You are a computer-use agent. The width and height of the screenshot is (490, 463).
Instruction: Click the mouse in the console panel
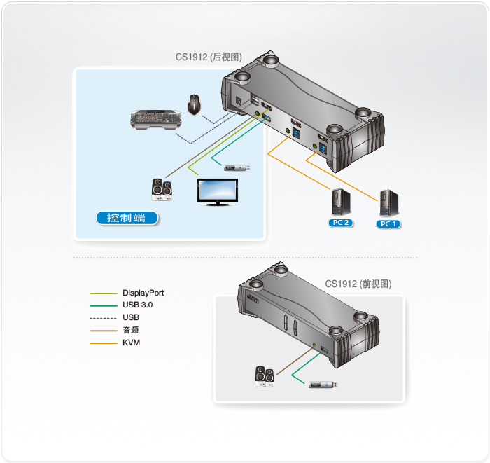coord(195,104)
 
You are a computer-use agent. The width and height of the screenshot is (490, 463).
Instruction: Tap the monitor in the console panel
coord(216,191)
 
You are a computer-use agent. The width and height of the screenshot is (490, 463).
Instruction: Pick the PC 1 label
coord(388,224)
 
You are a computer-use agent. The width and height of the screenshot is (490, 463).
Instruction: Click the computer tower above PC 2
coord(342,202)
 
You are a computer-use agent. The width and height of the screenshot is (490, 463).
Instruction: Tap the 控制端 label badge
coord(127,218)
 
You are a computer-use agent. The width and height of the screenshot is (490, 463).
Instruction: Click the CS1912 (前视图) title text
coord(358,284)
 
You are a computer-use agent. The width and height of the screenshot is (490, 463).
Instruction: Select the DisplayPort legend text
coord(143,293)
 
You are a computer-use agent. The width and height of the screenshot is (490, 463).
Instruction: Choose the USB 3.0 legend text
coord(137,305)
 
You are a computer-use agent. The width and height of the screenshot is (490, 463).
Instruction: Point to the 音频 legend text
coord(130,330)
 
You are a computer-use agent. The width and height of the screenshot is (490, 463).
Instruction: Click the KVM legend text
coord(131,343)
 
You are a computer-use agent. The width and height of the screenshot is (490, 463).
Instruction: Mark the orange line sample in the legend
coord(103,343)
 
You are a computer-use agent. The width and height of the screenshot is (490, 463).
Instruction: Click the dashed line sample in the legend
coord(103,318)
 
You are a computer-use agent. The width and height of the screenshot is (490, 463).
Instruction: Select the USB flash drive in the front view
coord(325,383)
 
